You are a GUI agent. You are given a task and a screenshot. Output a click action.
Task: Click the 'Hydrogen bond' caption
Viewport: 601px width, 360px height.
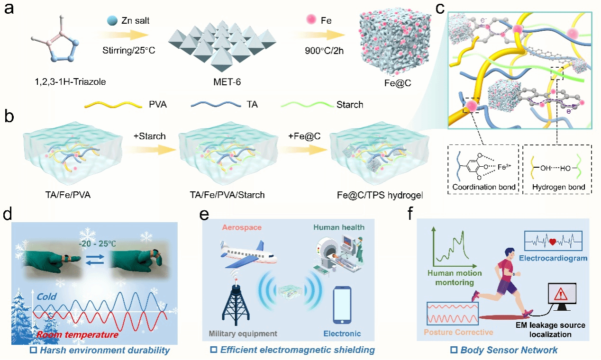coord(558,187)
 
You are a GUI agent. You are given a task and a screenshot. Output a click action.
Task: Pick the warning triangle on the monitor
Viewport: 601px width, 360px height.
coord(563,295)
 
